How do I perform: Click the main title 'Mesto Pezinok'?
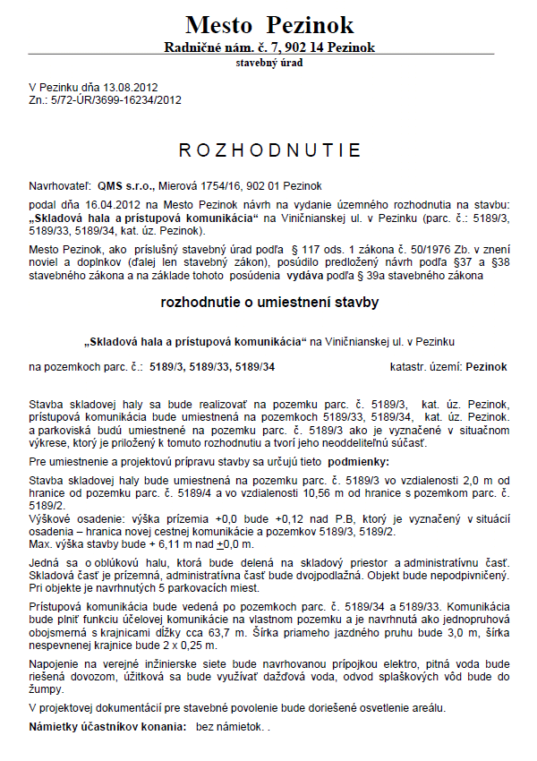coord(269,24)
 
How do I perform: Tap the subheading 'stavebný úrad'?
coord(268,64)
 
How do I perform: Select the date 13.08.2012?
coord(131,88)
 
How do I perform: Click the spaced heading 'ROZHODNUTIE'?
coord(269,150)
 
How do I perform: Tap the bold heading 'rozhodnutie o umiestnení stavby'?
coord(269,303)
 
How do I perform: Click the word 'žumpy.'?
coord(47,690)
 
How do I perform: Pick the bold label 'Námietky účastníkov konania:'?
coord(107,727)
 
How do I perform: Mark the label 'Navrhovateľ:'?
coord(60,186)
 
